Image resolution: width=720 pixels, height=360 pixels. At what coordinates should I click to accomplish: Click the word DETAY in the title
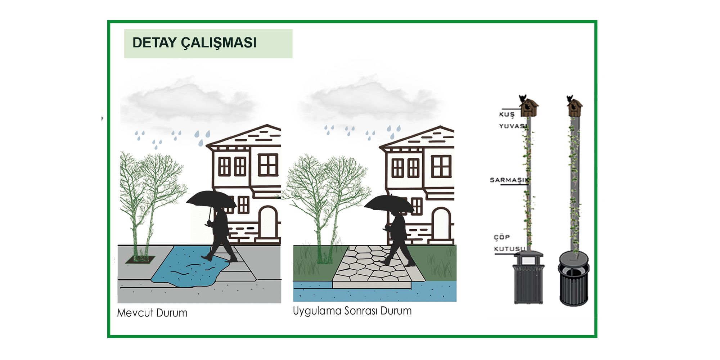click(x=154, y=43)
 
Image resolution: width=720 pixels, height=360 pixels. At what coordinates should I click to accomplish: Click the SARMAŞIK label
click(x=509, y=180)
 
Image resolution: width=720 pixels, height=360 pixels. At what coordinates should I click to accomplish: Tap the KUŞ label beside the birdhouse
click(x=507, y=114)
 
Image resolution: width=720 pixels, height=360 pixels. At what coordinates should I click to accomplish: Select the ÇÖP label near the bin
click(x=502, y=237)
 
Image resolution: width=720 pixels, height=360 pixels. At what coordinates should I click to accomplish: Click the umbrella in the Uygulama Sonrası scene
click(x=389, y=203)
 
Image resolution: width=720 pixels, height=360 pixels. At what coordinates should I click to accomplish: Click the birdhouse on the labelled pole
click(x=528, y=108)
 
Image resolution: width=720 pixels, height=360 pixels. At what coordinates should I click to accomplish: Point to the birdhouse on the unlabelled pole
click(x=575, y=108)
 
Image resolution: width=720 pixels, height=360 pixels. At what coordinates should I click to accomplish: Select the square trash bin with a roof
click(x=528, y=278)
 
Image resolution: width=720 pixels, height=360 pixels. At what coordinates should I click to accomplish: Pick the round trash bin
click(x=574, y=279)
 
